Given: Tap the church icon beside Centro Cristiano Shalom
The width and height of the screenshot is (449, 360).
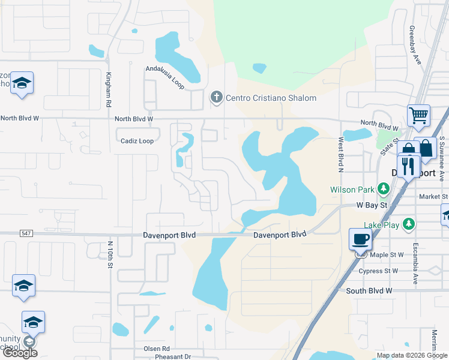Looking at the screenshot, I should pos(216,97).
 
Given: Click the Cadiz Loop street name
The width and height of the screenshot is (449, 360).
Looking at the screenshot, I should pos(137,141).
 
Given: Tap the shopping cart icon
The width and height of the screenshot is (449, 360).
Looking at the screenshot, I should pos(418,115).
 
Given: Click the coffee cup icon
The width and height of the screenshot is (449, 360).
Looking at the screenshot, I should pos(360,239).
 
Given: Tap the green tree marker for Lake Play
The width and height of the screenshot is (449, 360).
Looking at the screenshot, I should pos(409,224).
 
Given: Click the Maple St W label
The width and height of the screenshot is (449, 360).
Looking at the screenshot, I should pos(387,255).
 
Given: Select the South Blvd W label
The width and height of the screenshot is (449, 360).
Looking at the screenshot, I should pos(369,290).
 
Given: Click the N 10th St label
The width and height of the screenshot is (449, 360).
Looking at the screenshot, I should pos(110,254).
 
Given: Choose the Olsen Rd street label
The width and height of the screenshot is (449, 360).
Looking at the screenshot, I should pos(157,348).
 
